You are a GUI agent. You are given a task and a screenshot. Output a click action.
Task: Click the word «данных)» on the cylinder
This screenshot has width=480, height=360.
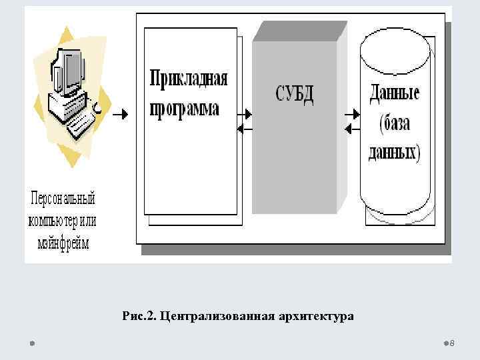[395, 153]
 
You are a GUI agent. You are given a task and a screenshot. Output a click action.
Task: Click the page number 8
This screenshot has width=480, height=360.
[452, 343]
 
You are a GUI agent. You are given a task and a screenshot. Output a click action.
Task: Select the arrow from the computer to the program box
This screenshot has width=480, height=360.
[119, 115]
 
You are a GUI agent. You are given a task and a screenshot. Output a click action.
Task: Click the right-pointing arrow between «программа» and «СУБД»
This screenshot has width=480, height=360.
[245, 114]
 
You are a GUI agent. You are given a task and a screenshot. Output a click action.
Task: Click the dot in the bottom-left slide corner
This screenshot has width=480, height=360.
[31, 343]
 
